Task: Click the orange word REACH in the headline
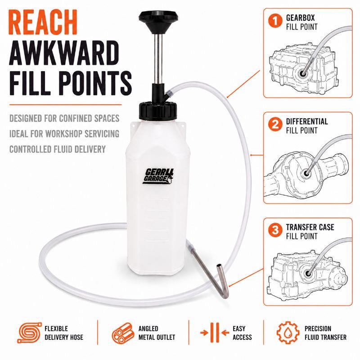43,22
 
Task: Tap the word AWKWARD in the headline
64,53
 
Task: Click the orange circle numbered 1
275,21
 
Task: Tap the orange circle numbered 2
275,125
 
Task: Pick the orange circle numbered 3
275,230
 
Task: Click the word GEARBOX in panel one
300,18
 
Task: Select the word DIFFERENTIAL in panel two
307,121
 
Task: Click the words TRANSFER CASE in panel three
310,227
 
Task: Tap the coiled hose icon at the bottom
29,333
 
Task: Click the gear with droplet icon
288,333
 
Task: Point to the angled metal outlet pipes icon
123,333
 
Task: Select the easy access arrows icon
215,333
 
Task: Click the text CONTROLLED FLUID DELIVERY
58,149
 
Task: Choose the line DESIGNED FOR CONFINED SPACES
64,118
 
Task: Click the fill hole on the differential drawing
306,173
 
